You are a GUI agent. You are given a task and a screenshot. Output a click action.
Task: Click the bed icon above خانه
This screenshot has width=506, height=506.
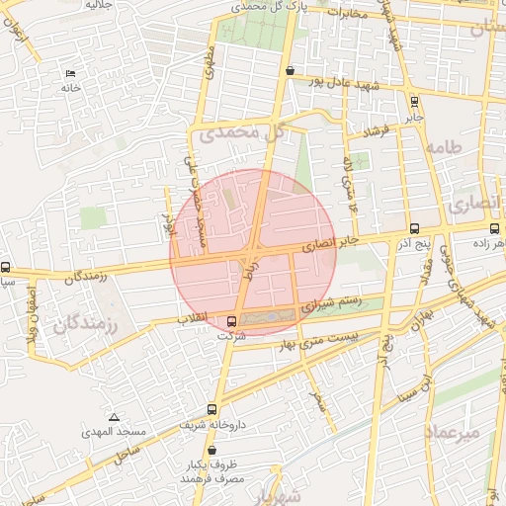tap(69, 74)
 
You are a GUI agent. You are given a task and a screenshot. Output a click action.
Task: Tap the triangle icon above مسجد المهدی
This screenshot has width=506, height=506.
tap(114, 417)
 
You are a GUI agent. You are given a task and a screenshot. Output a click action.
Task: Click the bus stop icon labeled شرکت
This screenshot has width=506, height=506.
tap(231, 321)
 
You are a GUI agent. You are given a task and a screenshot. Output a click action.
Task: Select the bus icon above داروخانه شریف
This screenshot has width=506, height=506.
tap(212, 409)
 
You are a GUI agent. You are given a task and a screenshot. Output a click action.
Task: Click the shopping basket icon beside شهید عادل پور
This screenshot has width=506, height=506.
tap(289, 71)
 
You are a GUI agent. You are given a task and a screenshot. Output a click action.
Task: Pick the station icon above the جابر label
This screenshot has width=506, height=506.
tap(413, 100)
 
